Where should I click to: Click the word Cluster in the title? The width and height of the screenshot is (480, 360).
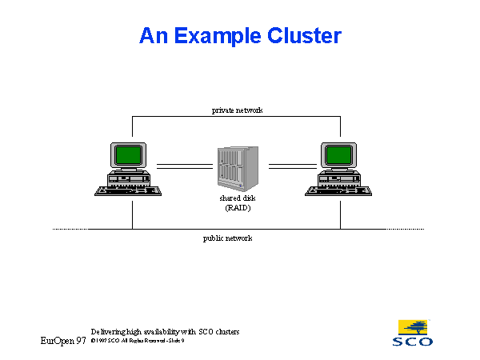(302, 36)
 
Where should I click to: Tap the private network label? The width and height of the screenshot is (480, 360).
(237, 110)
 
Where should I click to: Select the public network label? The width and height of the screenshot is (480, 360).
(228, 238)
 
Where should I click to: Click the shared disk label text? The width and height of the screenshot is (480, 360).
(237, 197)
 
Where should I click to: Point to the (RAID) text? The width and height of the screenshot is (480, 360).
(237, 207)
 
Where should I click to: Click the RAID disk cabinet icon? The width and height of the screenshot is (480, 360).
(238, 166)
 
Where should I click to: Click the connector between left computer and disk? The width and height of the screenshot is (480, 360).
(184, 166)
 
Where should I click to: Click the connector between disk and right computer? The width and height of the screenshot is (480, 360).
(293, 166)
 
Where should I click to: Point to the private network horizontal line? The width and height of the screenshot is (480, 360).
(184, 116)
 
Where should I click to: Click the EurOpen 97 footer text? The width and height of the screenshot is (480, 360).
(63, 341)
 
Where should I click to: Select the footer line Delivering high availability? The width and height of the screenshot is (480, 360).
(165, 331)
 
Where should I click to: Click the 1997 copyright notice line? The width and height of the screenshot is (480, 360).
(138, 341)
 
